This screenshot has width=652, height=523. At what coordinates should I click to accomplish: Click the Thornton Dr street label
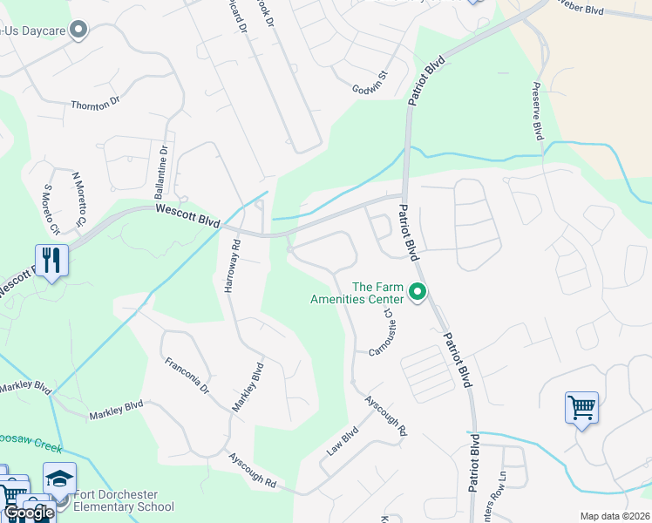pyautogui.click(x=95, y=105)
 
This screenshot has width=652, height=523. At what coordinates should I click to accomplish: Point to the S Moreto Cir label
pyautogui.click(x=51, y=210)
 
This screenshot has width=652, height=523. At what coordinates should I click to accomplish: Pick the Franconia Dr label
pyautogui.click(x=187, y=375)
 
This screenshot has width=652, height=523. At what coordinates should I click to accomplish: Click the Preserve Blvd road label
pyautogui.click(x=537, y=112)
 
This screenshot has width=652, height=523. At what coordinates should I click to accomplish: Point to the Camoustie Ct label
pyautogui.click(x=384, y=334)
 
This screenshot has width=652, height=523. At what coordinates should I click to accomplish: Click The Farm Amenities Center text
pyautogui.click(x=359, y=293)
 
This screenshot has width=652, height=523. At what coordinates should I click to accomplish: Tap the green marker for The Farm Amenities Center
pyautogui.click(x=418, y=292)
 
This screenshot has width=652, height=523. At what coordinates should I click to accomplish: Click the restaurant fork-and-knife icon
pyautogui.click(x=51, y=259)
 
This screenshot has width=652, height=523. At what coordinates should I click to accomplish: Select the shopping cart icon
pyautogui.click(x=581, y=407)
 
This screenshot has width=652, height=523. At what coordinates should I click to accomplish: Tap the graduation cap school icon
pyautogui.click(x=60, y=479)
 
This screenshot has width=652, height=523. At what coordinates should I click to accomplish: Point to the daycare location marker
pyautogui.click(x=79, y=31)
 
